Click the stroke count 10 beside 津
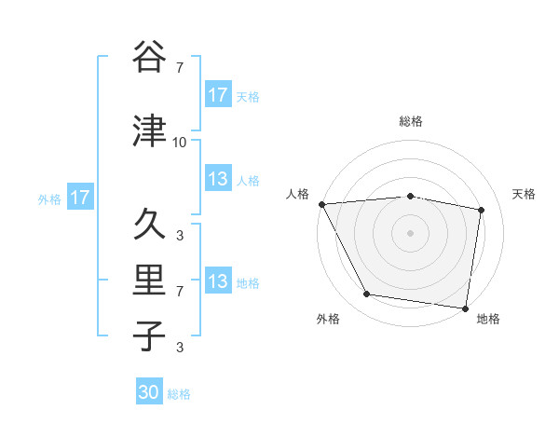[x=179, y=143]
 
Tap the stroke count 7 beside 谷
[x=179, y=68]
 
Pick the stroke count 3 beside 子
[x=179, y=348]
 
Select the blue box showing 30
[x=149, y=393]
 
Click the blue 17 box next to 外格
[x=78, y=198]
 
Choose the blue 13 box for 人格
[x=218, y=179]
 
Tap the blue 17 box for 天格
[x=218, y=95]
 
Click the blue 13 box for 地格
[x=218, y=281]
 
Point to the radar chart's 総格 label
[x=411, y=121]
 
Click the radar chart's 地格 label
[x=488, y=320]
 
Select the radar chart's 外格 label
[x=328, y=320]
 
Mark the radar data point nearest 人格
[x=321, y=204]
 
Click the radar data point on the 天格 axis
[x=482, y=210]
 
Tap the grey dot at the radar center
[x=411, y=233]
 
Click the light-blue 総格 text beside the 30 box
[x=179, y=394]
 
